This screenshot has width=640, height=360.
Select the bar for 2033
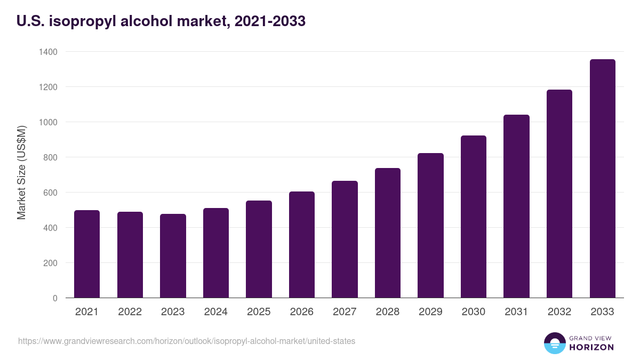pos(602,179)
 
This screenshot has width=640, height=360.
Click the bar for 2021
pos(87,254)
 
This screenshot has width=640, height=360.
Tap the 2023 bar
pos(173,256)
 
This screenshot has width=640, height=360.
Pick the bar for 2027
pos(345,239)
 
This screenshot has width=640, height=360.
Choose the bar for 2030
pos(474,217)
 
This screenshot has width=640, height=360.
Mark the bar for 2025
pos(259,249)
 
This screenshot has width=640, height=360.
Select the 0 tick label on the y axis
pos(55,298)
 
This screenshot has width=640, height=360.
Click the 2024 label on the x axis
pos(215,312)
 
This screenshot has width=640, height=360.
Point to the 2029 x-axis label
pos(430,312)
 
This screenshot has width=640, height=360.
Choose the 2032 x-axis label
pos(559,312)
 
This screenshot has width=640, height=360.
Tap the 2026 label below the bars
pos(301,312)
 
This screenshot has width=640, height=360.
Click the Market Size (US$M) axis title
pos(21,172)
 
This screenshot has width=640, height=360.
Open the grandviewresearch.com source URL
pos(187,341)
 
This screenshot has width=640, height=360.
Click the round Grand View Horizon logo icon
pos(554,343)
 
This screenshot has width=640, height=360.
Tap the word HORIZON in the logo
pos(591,347)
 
